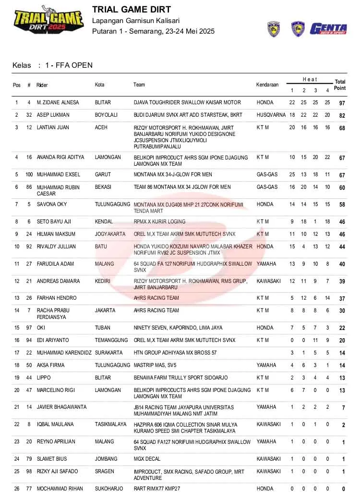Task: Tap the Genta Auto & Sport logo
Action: click(328, 29)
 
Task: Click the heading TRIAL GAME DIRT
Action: click(131, 10)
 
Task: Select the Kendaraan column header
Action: click(267, 85)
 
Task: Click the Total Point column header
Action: click(340, 85)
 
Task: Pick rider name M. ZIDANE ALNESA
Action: click(58, 103)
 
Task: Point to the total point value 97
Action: click(342, 103)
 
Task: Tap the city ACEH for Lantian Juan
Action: click(101, 128)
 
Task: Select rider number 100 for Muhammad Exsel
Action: click(29, 175)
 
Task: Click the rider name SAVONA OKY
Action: click(52, 205)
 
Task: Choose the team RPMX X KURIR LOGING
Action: click(159, 222)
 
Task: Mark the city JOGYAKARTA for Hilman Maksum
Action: click(110, 234)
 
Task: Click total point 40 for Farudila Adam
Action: click(342, 264)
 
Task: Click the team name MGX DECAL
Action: click(147, 459)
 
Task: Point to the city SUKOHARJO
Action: click(108, 489)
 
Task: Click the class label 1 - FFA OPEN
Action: click(69, 65)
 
